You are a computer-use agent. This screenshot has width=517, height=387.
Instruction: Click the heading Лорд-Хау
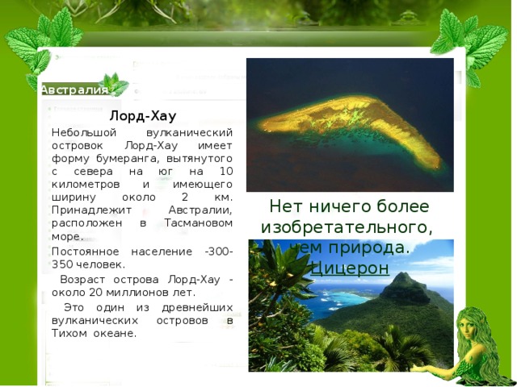pyautogui.click(x=142, y=116)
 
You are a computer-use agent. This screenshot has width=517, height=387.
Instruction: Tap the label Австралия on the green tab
pyautogui.click(x=74, y=89)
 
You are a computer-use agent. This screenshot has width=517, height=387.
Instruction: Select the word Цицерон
pyautogui.click(x=350, y=268)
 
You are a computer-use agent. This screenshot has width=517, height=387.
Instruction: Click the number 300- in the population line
pyautogui.click(x=220, y=252)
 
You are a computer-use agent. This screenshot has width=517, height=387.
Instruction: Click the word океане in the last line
pyautogui.click(x=118, y=332)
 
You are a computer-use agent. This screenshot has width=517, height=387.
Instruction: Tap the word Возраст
pyautogui.click(x=83, y=279)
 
